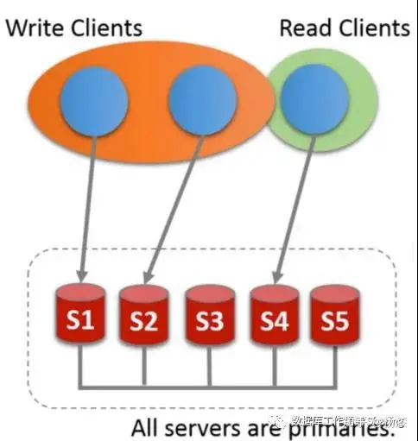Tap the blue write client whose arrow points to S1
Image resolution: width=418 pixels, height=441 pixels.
click(x=93, y=100)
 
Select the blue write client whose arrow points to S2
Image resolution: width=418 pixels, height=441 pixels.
click(x=201, y=100)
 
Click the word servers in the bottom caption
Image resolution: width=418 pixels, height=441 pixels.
click(x=206, y=427)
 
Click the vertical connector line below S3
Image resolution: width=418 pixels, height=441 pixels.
click(x=208, y=364)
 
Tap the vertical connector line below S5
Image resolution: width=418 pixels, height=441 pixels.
click(x=333, y=364)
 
